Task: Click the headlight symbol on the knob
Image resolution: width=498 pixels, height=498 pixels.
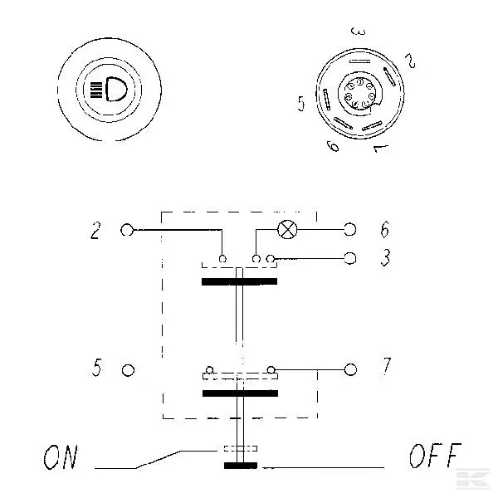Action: pyautogui.click(x=109, y=90)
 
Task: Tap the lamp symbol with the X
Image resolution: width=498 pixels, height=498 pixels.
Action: pyautogui.click(x=287, y=229)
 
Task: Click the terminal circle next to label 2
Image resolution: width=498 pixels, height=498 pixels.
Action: pyautogui.click(x=127, y=230)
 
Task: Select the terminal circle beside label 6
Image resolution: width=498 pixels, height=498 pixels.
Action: pyautogui.click(x=350, y=229)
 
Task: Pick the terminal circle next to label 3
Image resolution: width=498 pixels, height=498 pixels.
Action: pyautogui.click(x=350, y=258)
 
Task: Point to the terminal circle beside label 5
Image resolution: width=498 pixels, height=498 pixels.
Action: pyautogui.click(x=129, y=370)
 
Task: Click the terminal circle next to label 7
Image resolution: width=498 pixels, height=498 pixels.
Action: pyautogui.click(x=350, y=369)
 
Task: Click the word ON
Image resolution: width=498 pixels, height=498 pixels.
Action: pyautogui.click(x=61, y=457)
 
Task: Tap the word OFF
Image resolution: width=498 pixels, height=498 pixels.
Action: pyautogui.click(x=435, y=456)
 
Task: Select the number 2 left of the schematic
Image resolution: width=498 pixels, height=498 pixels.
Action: pyautogui.click(x=95, y=230)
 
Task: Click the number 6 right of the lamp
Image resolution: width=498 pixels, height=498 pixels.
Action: pyautogui.click(x=385, y=229)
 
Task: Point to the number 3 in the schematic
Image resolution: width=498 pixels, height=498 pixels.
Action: pyautogui.click(x=386, y=257)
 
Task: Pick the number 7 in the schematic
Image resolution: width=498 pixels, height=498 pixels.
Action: pyautogui.click(x=386, y=366)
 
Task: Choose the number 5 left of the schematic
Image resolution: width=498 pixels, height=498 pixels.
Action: pyautogui.click(x=97, y=368)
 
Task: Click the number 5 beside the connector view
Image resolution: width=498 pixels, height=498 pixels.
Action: pyautogui.click(x=301, y=104)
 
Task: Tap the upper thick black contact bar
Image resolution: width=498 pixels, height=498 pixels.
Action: pyautogui.click(x=240, y=281)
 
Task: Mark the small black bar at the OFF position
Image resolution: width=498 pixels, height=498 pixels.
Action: pyautogui.click(x=241, y=466)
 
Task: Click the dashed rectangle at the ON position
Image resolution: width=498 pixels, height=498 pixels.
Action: pyautogui.click(x=241, y=448)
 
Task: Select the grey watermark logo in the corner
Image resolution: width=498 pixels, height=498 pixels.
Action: pyautogui.click(x=473, y=478)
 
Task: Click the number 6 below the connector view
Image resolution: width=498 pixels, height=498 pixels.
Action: pyautogui.click(x=333, y=146)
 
